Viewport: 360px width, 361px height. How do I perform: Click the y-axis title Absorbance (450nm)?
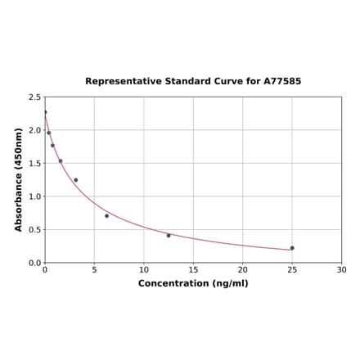[19, 179]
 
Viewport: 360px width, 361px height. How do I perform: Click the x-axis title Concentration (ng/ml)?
[193, 283]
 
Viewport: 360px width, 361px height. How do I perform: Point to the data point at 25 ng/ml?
[292, 248]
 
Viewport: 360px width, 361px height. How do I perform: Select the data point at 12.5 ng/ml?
[169, 236]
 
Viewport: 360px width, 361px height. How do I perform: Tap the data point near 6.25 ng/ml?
[106, 215]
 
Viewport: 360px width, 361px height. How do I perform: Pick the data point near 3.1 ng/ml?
[76, 180]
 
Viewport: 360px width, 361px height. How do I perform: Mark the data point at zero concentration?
[45, 112]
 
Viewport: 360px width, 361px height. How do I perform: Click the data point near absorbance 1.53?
[61, 160]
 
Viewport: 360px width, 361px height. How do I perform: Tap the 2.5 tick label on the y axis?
[35, 97]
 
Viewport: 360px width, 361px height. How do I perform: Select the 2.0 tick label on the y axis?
[35, 130]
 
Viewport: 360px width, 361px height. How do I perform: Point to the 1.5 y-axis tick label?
[35, 163]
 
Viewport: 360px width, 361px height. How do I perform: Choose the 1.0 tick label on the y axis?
[35, 196]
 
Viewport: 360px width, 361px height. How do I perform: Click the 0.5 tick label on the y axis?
[35, 230]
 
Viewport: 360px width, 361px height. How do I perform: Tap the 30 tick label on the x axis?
[342, 270]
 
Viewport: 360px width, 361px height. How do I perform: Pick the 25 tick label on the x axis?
[292, 270]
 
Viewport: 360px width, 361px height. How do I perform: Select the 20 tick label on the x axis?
[243, 270]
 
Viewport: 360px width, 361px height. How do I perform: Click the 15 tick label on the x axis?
[193, 270]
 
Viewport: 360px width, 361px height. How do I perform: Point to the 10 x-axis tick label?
[144, 270]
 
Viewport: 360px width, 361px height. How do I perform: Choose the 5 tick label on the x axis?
[94, 270]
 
